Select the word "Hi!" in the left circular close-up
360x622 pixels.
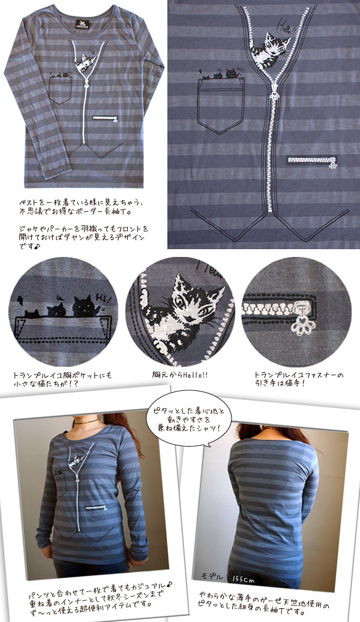(106, 299)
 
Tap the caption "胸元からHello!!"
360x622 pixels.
(179, 375)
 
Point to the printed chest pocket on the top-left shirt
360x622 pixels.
(60, 91)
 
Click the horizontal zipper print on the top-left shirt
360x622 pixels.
(106, 118)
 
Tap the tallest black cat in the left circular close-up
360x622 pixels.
(85, 306)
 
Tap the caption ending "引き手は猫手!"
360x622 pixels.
(299, 379)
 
